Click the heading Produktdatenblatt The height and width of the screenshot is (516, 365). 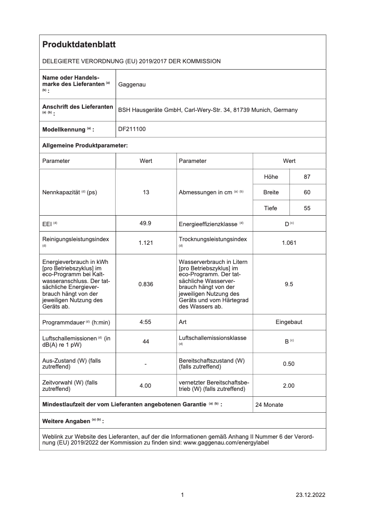tap(79, 45)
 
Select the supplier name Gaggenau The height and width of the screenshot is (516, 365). tap(132, 84)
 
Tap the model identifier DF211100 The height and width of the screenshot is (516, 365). tap(132, 129)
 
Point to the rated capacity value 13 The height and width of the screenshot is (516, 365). tap(146, 192)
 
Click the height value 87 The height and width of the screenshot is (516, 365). tap(307, 177)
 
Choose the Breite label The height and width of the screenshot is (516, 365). tap(271, 192)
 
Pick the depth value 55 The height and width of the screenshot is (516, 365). tap(307, 208)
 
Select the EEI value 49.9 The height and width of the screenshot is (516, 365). tap(146, 223)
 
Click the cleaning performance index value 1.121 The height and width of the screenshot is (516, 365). tap(146, 243)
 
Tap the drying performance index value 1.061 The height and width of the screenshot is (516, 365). tap(289, 243)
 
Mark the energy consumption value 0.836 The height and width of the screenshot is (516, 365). tap(146, 284)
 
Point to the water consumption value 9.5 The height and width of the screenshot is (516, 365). tap(289, 284)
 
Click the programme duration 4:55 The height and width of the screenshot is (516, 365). tap(146, 322)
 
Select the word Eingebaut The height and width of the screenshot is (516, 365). tap(289, 322)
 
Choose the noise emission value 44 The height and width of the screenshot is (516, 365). tap(146, 342)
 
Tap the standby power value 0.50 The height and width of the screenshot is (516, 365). tap(289, 364)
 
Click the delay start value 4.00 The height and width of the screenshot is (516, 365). tap(146, 386)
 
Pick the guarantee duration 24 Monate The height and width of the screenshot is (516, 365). tap(269, 405)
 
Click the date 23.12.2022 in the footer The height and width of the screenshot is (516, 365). tap(310, 495)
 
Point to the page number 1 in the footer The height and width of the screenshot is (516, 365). tap(182, 495)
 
